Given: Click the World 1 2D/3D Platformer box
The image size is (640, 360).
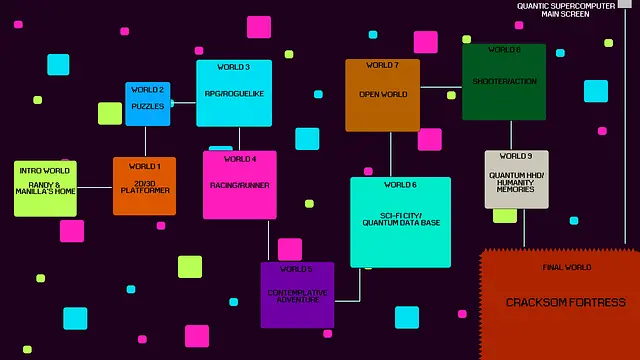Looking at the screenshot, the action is (144, 186).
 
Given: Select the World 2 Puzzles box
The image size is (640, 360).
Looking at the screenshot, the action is (148, 104).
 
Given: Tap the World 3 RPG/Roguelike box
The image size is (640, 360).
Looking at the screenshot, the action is (234, 93).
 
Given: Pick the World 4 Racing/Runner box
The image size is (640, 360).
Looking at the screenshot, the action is (240, 185).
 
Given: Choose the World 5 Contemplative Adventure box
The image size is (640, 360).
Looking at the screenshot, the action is (297, 295).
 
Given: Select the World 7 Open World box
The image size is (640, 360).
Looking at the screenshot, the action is (382, 95).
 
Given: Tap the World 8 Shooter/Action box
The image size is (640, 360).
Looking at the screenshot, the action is (504, 82).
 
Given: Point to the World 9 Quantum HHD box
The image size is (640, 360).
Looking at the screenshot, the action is (516, 179).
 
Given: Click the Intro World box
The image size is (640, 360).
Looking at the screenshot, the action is (45, 188).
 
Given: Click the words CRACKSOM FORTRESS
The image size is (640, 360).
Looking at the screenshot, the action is (565, 303).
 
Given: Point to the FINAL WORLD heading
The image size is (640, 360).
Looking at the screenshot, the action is (567, 268).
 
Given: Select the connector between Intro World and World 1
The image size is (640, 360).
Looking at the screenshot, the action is (95, 187).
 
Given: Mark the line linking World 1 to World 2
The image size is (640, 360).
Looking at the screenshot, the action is (146, 141).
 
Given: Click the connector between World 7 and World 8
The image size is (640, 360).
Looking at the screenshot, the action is (441, 88).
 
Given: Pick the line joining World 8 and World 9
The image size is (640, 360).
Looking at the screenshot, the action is (511, 135).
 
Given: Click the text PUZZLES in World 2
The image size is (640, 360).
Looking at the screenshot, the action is (148, 106).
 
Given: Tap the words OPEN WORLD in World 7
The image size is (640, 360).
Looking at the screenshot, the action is (383, 95).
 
